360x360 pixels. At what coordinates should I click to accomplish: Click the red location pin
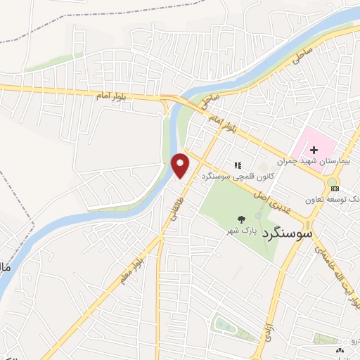181,165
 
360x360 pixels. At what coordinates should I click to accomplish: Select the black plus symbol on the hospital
314,149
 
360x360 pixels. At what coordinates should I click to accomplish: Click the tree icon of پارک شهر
241,219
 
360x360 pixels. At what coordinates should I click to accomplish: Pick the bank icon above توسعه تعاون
335,188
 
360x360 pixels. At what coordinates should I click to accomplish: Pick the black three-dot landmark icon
340,349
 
